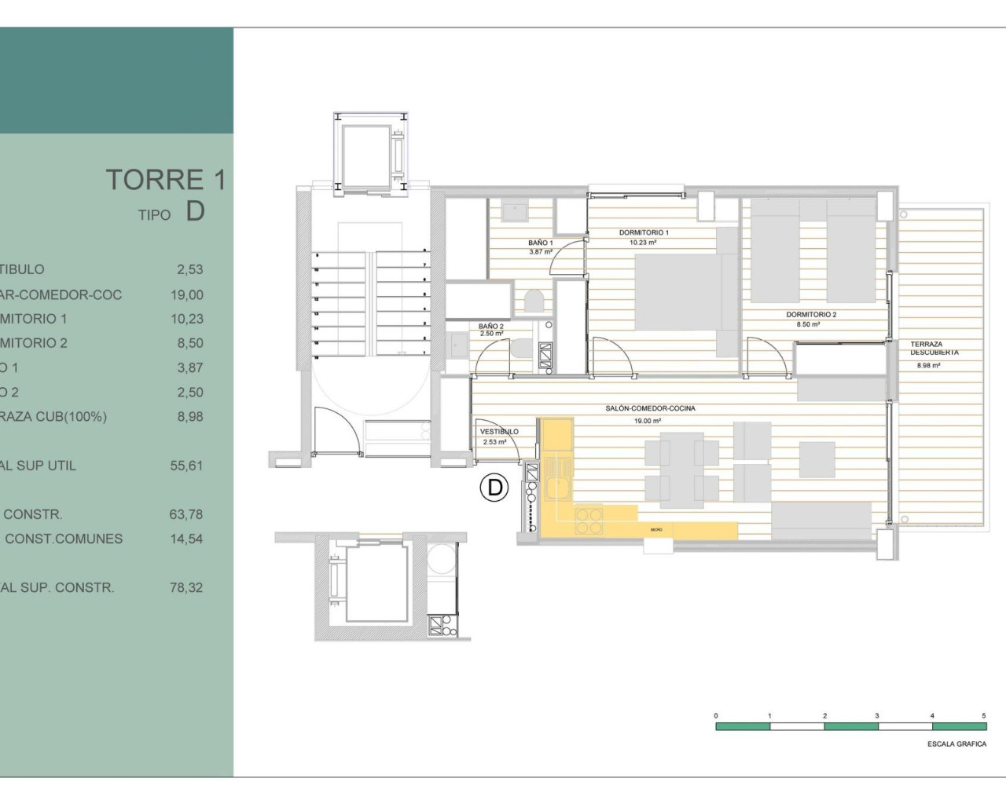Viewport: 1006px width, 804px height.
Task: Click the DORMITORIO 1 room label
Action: pyautogui.click(x=644, y=232)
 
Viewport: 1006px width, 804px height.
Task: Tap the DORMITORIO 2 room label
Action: pyautogui.click(x=811, y=315)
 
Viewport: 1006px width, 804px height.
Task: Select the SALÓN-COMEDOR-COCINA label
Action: pyautogui.click(x=650, y=408)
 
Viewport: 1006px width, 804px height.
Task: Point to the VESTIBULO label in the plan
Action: pyautogui.click(x=499, y=432)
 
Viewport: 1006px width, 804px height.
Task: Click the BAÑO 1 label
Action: pyautogui.click(x=540, y=243)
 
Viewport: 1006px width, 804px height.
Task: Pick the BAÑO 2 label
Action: pyautogui.click(x=490, y=327)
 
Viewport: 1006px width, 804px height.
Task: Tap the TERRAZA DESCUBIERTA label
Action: pyautogui.click(x=934, y=349)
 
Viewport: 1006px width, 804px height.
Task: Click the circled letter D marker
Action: pyautogui.click(x=494, y=488)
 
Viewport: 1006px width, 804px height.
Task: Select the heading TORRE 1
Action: pyautogui.click(x=166, y=180)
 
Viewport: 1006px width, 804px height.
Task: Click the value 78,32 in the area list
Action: pyautogui.click(x=186, y=587)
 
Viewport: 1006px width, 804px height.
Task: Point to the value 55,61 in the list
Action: pyautogui.click(x=186, y=466)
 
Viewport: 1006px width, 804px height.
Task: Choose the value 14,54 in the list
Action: pyautogui.click(x=186, y=539)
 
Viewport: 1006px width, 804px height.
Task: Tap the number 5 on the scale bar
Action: pyautogui.click(x=983, y=715)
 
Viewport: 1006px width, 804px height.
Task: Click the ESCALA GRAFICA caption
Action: pyautogui.click(x=956, y=744)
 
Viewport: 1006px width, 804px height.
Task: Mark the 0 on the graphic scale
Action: pyautogui.click(x=716, y=715)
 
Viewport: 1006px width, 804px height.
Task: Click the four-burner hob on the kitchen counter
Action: pyautogui.click(x=589, y=521)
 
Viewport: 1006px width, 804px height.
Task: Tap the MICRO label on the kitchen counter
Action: pyautogui.click(x=656, y=530)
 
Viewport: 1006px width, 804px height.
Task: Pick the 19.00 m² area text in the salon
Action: pyautogui.click(x=648, y=421)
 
